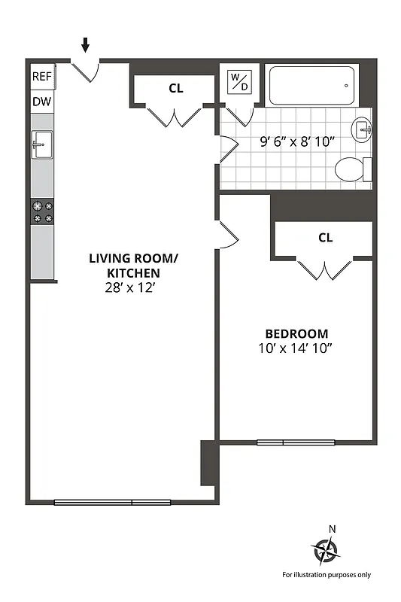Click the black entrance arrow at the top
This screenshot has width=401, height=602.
click(x=85, y=45)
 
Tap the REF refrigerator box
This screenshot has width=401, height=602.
click(x=41, y=77)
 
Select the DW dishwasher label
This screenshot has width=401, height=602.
click(x=41, y=102)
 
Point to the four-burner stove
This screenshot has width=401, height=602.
click(x=42, y=211)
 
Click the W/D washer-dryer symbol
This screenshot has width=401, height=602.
click(x=238, y=82)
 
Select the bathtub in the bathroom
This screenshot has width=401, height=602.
click(x=312, y=86)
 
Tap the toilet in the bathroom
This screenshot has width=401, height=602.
click(x=352, y=169)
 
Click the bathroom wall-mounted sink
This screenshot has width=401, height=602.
click(x=363, y=129)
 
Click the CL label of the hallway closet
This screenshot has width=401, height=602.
click(x=175, y=88)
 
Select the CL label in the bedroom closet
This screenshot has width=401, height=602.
click(x=325, y=238)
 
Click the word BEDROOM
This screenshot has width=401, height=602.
click(x=296, y=333)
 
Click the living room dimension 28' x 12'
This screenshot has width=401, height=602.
click(x=134, y=287)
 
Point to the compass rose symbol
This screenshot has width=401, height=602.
click(x=327, y=552)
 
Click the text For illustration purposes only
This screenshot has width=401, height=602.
click(x=327, y=575)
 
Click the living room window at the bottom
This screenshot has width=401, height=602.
click(x=113, y=502)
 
